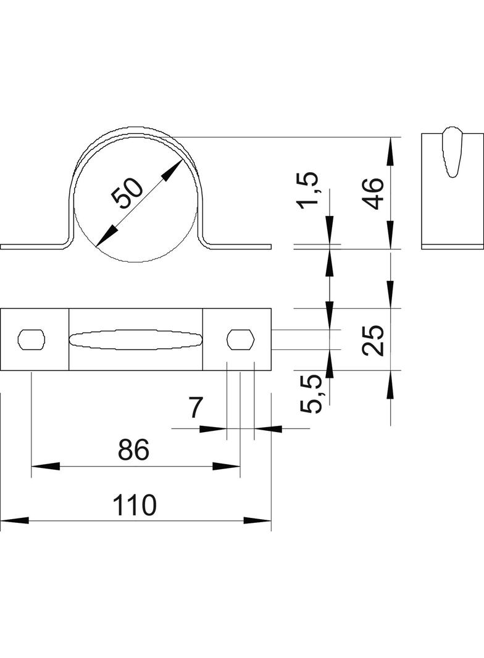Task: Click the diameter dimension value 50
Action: coord(127,193)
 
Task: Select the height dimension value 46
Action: coord(373,193)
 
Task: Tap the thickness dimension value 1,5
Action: coord(309,190)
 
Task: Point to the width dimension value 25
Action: coord(373,340)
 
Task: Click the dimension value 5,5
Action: coord(311,394)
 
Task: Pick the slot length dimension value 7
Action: coord(195,407)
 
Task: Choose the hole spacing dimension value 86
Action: coord(133,449)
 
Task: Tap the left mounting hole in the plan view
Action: coord(31,339)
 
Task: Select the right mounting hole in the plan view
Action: coord(241,339)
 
